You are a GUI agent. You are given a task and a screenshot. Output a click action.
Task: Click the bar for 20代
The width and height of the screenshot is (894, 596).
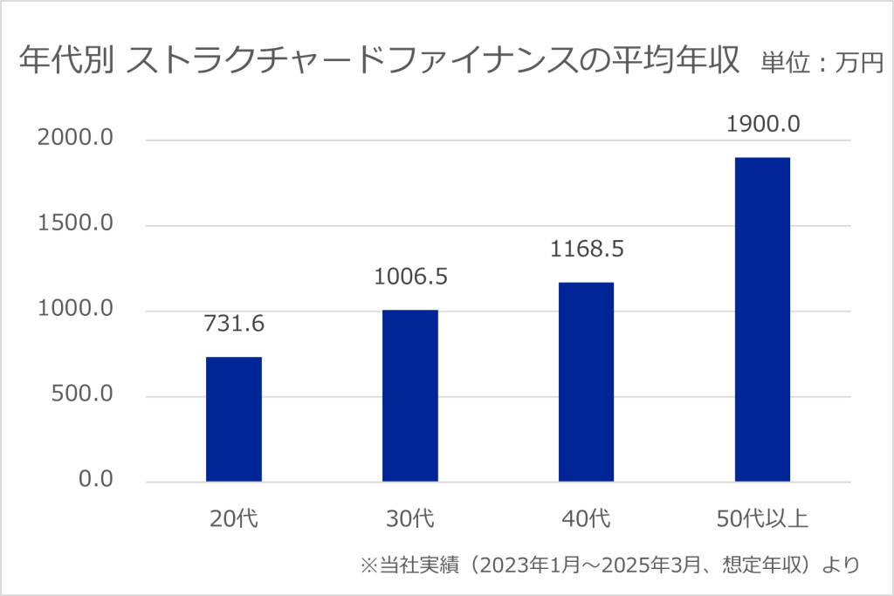(234, 419)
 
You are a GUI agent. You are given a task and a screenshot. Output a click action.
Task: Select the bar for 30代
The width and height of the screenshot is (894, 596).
(410, 395)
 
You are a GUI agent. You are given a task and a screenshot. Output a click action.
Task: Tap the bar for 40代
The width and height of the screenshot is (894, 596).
(587, 381)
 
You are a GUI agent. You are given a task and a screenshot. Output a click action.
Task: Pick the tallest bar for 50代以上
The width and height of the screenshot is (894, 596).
(763, 319)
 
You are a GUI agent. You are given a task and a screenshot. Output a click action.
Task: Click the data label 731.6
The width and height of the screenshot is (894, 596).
(234, 324)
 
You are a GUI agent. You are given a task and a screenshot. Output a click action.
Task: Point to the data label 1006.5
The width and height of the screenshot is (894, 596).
(410, 277)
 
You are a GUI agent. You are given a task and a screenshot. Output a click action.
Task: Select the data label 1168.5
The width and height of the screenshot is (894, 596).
(587, 250)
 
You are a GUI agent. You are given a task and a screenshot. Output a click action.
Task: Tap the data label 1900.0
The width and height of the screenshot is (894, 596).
(763, 124)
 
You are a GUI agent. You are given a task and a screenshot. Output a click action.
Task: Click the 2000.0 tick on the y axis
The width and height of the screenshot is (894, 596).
(76, 140)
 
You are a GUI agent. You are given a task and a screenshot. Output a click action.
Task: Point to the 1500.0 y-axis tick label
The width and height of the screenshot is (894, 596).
(76, 224)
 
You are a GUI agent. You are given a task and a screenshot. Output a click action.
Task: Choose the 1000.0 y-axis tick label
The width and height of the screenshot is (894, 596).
(76, 310)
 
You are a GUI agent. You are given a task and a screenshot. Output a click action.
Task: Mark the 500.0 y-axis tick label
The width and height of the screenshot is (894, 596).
(83, 395)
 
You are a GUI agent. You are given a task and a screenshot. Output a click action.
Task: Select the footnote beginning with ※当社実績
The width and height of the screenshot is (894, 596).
(610, 565)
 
